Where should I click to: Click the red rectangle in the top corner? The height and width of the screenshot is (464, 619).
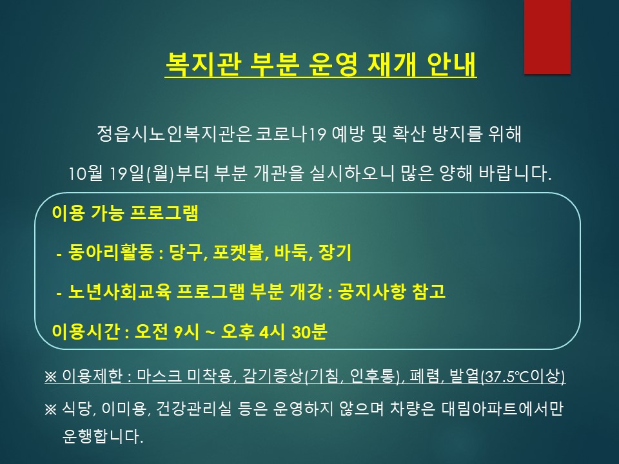pyautogui.click(x=547, y=37)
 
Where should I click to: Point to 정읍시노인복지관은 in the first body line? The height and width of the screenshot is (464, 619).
pyautogui.click(x=174, y=134)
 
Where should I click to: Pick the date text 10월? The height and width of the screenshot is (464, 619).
pyautogui.click(x=86, y=173)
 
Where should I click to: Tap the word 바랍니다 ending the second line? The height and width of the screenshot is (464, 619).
pyautogui.click(x=515, y=173)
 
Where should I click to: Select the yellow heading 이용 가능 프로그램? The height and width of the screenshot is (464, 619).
pyautogui.click(x=125, y=213)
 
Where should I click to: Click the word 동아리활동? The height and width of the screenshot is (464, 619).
pyautogui.click(x=110, y=252)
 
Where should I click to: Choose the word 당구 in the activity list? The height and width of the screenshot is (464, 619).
pyautogui.click(x=186, y=252)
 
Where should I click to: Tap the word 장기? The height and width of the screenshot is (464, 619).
pyautogui.click(x=335, y=252)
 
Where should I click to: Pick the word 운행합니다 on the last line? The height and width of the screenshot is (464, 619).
pyautogui.click(x=103, y=436)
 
